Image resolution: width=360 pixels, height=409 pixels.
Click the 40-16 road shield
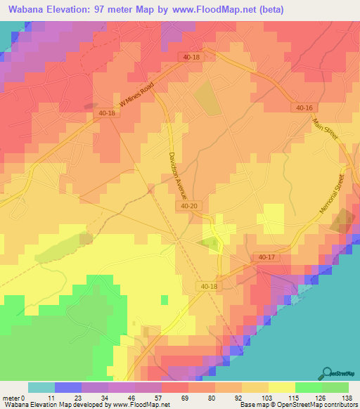click(304, 108)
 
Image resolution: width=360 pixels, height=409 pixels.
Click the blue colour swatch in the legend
click(68, 387)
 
